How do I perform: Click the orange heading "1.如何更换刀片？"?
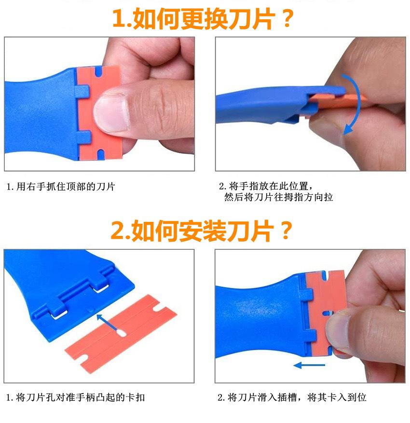tap(203, 18)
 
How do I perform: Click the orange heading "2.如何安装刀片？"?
tap(202, 231)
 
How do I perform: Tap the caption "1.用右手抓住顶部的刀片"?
tap(61, 187)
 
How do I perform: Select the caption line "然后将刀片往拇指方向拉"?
tap(278, 197)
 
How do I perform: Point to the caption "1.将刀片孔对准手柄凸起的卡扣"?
tap(76, 397)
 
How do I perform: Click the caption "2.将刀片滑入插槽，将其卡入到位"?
tap(292, 397)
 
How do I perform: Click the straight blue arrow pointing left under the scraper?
tap(309, 365)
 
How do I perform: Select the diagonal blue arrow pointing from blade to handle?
tap(108, 322)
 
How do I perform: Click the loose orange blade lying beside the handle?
tap(121, 334)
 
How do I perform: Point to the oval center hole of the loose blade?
tap(122, 333)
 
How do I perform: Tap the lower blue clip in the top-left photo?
tap(83, 137)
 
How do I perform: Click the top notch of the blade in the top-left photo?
tap(99, 71)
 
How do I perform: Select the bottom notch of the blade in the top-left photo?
tap(100, 154)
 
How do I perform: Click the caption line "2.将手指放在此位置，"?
tap(266, 186)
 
